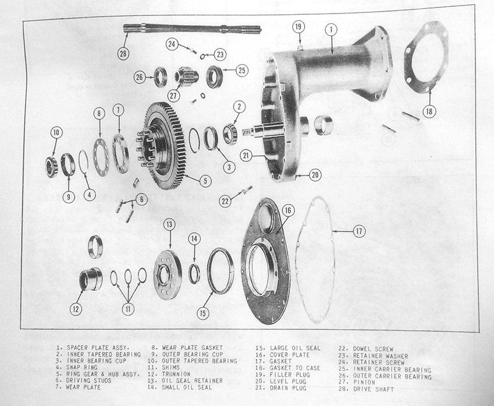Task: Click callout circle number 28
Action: (124, 53)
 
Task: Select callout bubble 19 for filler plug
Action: (298, 27)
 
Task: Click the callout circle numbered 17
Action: (359, 232)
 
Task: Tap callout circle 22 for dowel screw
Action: (226, 200)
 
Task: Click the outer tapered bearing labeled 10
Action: (51, 166)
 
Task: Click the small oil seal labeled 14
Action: (194, 273)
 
